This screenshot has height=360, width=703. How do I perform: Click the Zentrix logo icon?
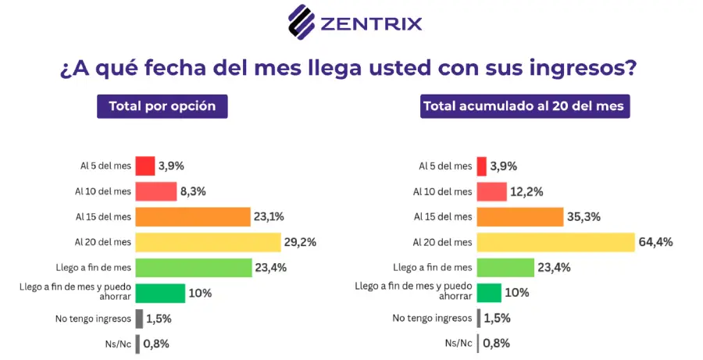coord(302,23)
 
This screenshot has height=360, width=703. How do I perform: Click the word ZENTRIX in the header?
coord(371,23)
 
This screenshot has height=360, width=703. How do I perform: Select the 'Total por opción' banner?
coord(162,106)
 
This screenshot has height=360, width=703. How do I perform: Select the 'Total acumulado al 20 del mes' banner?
coord(525,106)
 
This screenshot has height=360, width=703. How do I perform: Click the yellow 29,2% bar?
coord(208,242)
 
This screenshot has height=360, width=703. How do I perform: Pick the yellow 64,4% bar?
coord(556,242)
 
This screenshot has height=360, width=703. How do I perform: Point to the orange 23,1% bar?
coord(193,217)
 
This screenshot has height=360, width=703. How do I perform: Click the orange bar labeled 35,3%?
coord(520,217)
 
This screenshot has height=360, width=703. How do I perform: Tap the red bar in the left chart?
coord(145,166)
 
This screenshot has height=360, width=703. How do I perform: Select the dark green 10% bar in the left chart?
coord(160,293)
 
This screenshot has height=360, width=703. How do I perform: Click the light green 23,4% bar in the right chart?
coord(505,268)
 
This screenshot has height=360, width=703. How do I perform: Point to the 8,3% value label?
coord(193,192)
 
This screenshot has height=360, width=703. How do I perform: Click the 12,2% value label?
coord(526,192)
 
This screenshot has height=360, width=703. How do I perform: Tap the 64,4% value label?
coord(656,243)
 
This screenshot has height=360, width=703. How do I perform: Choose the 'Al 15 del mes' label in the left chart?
coord(104,217)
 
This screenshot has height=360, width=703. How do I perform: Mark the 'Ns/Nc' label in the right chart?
coord(459,344)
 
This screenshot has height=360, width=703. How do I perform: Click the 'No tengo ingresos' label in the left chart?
coord(93,319)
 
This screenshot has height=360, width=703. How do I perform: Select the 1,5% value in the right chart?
coord(498,319)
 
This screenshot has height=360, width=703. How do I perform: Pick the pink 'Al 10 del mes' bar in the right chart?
coord(492,192)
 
